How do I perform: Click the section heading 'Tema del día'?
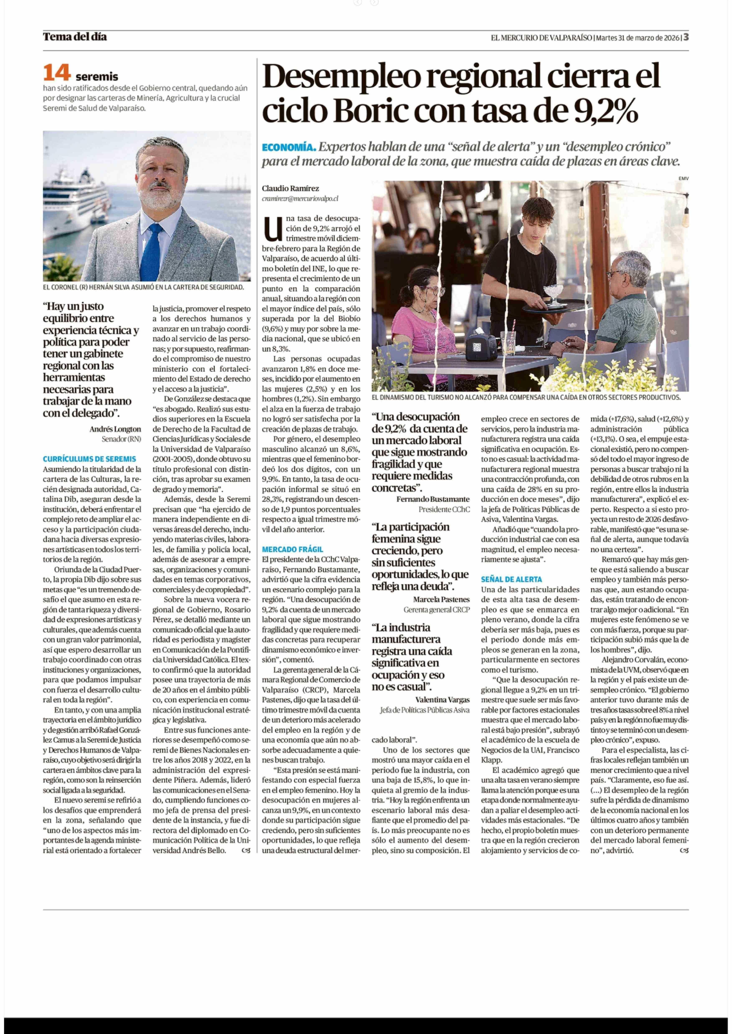[75, 37]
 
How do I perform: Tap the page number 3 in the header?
[686, 37]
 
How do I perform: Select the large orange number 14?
[57, 73]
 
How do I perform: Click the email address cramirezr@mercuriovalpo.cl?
[300, 198]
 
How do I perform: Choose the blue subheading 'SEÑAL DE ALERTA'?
[511, 579]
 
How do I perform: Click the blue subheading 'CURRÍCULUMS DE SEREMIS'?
[89, 459]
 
